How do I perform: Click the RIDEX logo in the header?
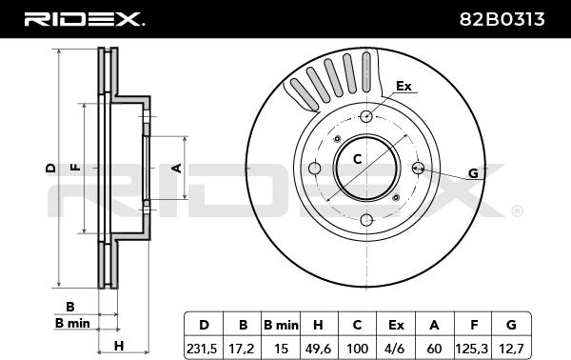point(84,19)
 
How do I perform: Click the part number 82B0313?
point(502,19)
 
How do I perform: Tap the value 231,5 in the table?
point(202,349)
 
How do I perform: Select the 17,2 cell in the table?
point(242,349)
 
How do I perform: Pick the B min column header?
point(281,325)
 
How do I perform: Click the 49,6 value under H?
point(318,349)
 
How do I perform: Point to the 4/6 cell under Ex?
point(396,349)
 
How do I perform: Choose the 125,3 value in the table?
point(472,349)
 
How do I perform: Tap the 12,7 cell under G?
point(511,349)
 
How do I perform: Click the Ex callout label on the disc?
point(404,86)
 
